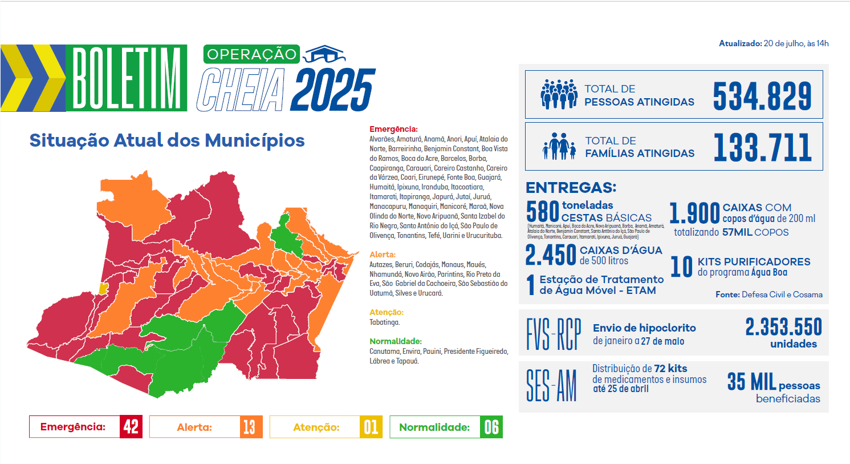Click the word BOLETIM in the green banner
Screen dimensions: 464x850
coord(127,78)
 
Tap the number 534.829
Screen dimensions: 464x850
coord(762,95)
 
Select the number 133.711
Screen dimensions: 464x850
coord(762,147)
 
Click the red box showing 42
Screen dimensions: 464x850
coord(131,427)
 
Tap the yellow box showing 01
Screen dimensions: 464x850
coord(371,427)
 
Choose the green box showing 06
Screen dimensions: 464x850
coord(491,427)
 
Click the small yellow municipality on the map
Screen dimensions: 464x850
coord(103,288)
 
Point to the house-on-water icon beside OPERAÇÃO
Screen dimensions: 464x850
coord(324,54)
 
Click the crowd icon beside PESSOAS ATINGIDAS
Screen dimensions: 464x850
coord(559,94)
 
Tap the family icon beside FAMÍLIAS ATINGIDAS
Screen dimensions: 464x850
coord(559,146)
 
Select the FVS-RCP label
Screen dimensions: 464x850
coord(553,334)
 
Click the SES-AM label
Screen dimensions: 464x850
coord(551,385)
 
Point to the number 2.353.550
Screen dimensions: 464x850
coord(783,327)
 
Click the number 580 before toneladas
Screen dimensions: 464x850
coord(542,211)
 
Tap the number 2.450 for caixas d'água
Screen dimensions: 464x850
coord(550,255)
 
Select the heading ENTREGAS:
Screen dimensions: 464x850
coord(571,187)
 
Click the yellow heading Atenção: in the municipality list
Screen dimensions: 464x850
coord(386,312)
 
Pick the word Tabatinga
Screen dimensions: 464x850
coord(384,322)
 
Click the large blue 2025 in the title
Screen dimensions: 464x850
coord(332,90)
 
